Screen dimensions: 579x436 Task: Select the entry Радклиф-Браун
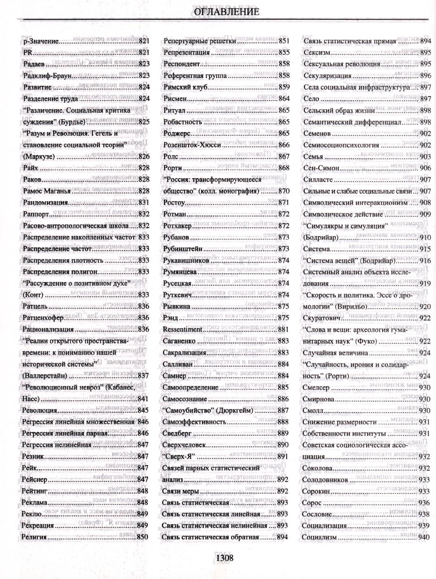[47, 75]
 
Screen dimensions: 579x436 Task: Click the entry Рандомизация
[45, 202]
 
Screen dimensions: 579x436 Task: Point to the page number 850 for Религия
[142, 537]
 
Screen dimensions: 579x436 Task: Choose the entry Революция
[40, 410]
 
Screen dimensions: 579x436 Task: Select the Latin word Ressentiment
[182, 330]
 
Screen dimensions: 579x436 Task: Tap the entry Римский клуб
[185, 87]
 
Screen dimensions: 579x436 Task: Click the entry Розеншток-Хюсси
[192, 145]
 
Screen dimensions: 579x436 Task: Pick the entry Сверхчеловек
[184, 445]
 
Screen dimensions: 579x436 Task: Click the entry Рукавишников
[186, 261]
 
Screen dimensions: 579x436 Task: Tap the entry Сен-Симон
[321, 168]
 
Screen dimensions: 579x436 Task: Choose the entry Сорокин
[316, 491]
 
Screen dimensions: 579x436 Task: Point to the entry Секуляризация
[328, 75]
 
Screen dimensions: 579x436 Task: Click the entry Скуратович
[321, 318]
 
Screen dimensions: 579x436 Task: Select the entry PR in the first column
[27, 52]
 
